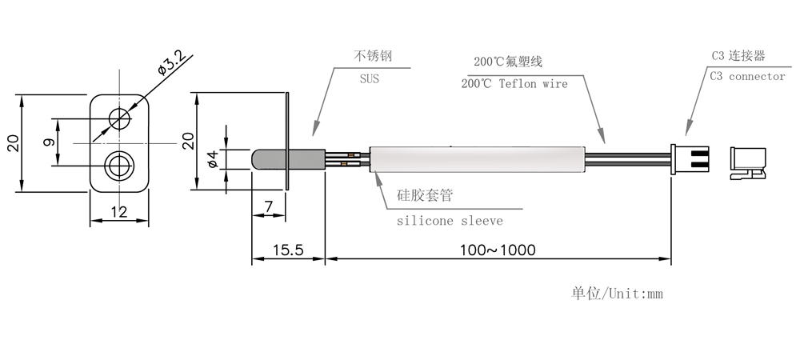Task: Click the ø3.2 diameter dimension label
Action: [171, 62]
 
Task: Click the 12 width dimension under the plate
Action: [119, 212]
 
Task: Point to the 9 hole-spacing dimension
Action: [49, 142]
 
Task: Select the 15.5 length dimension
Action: [288, 250]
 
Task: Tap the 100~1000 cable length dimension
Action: [498, 250]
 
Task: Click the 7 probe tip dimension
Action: [269, 206]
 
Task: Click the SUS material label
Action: [370, 79]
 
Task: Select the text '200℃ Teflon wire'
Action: [514, 84]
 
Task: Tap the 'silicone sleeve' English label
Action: [450, 221]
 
